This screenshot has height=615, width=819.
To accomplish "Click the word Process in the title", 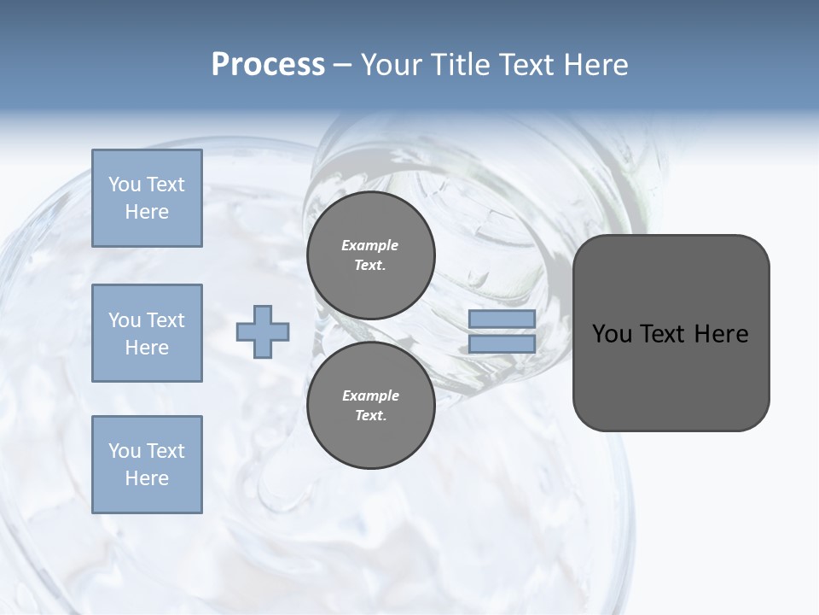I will (268, 65).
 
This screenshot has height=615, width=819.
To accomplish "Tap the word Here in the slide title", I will (595, 65).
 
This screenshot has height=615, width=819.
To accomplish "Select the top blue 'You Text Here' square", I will (147, 198).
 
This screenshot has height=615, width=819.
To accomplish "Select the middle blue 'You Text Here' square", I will (147, 333).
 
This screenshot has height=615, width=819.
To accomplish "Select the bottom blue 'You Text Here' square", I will (147, 465).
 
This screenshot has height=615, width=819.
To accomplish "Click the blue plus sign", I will (263, 332).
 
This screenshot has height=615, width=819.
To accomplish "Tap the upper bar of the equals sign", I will (502, 319).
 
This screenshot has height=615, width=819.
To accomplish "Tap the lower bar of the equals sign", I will (502, 344).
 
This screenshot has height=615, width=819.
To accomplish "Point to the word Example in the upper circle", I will (370, 245).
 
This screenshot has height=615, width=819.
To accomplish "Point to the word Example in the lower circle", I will (370, 395).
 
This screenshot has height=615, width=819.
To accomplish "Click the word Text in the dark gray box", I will (662, 334).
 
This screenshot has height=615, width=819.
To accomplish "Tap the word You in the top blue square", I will (125, 184).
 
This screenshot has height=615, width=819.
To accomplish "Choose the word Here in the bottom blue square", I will (147, 478).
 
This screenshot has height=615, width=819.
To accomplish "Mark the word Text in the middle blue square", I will (166, 320).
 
